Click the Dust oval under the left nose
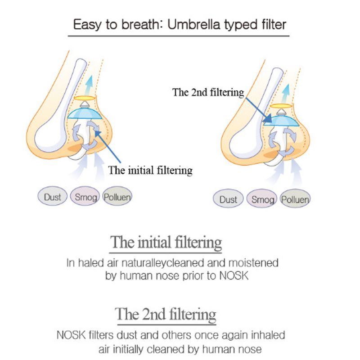(53, 197)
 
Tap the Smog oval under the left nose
(84, 197)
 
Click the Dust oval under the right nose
(228, 199)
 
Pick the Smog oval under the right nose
(261, 199)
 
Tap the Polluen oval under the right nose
(295, 199)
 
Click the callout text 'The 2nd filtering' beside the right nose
(208, 93)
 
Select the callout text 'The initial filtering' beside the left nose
(150, 170)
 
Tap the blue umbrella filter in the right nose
(282, 119)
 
